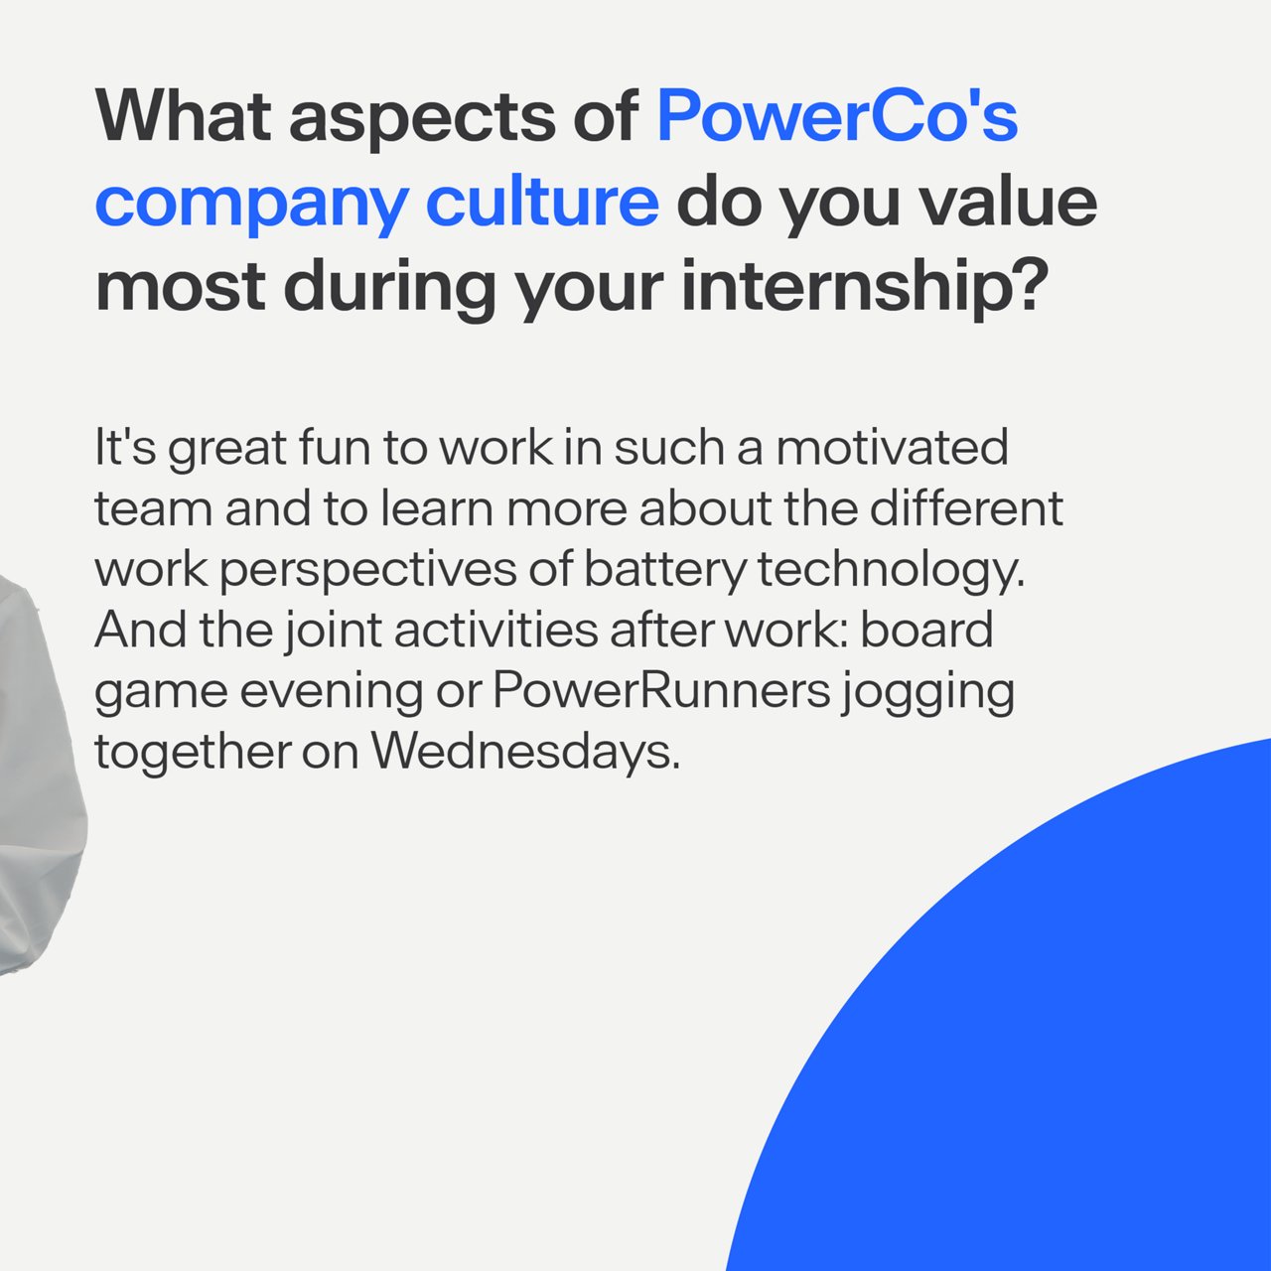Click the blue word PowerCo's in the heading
tap(837, 115)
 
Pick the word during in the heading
tap(390, 288)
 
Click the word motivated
tap(892, 447)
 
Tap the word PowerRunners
tap(661, 690)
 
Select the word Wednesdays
tap(525, 752)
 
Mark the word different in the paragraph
tap(966, 507)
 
